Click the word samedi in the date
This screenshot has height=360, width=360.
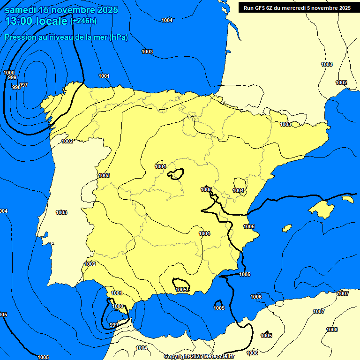(22, 10)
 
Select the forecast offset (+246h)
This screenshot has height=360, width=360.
(83, 21)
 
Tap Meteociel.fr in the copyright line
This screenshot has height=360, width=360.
(219, 357)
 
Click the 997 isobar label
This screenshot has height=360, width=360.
(23, 85)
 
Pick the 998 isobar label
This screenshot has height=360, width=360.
(16, 87)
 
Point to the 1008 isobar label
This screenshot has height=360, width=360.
(332, 330)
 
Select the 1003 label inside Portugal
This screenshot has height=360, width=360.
(61, 212)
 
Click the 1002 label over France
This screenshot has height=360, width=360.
(341, 82)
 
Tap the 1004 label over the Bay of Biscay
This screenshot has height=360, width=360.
(166, 20)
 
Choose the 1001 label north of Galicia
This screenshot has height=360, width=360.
(104, 76)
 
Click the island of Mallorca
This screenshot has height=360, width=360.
(322, 208)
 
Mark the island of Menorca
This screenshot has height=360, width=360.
(347, 199)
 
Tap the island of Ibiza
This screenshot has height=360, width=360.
(286, 228)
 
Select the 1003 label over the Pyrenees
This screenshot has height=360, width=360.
(285, 124)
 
